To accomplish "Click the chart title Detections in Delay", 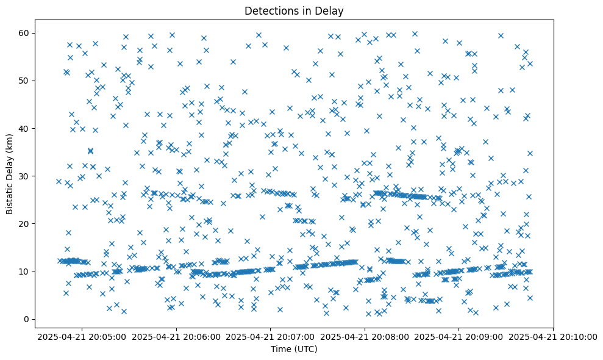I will click(294, 10).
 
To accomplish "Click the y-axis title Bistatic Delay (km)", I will click(10, 173).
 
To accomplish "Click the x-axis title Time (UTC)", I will click(294, 349).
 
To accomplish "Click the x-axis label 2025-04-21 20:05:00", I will click(83, 337).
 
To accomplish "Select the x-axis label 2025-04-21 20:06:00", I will click(177, 337).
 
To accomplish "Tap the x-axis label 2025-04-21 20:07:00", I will click(271, 337).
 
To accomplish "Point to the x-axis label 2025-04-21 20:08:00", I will click(365, 337).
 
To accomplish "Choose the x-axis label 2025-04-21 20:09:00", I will click(458, 337).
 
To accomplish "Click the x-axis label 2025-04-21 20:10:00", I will click(552, 337).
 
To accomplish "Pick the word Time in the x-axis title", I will click(281, 349).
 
